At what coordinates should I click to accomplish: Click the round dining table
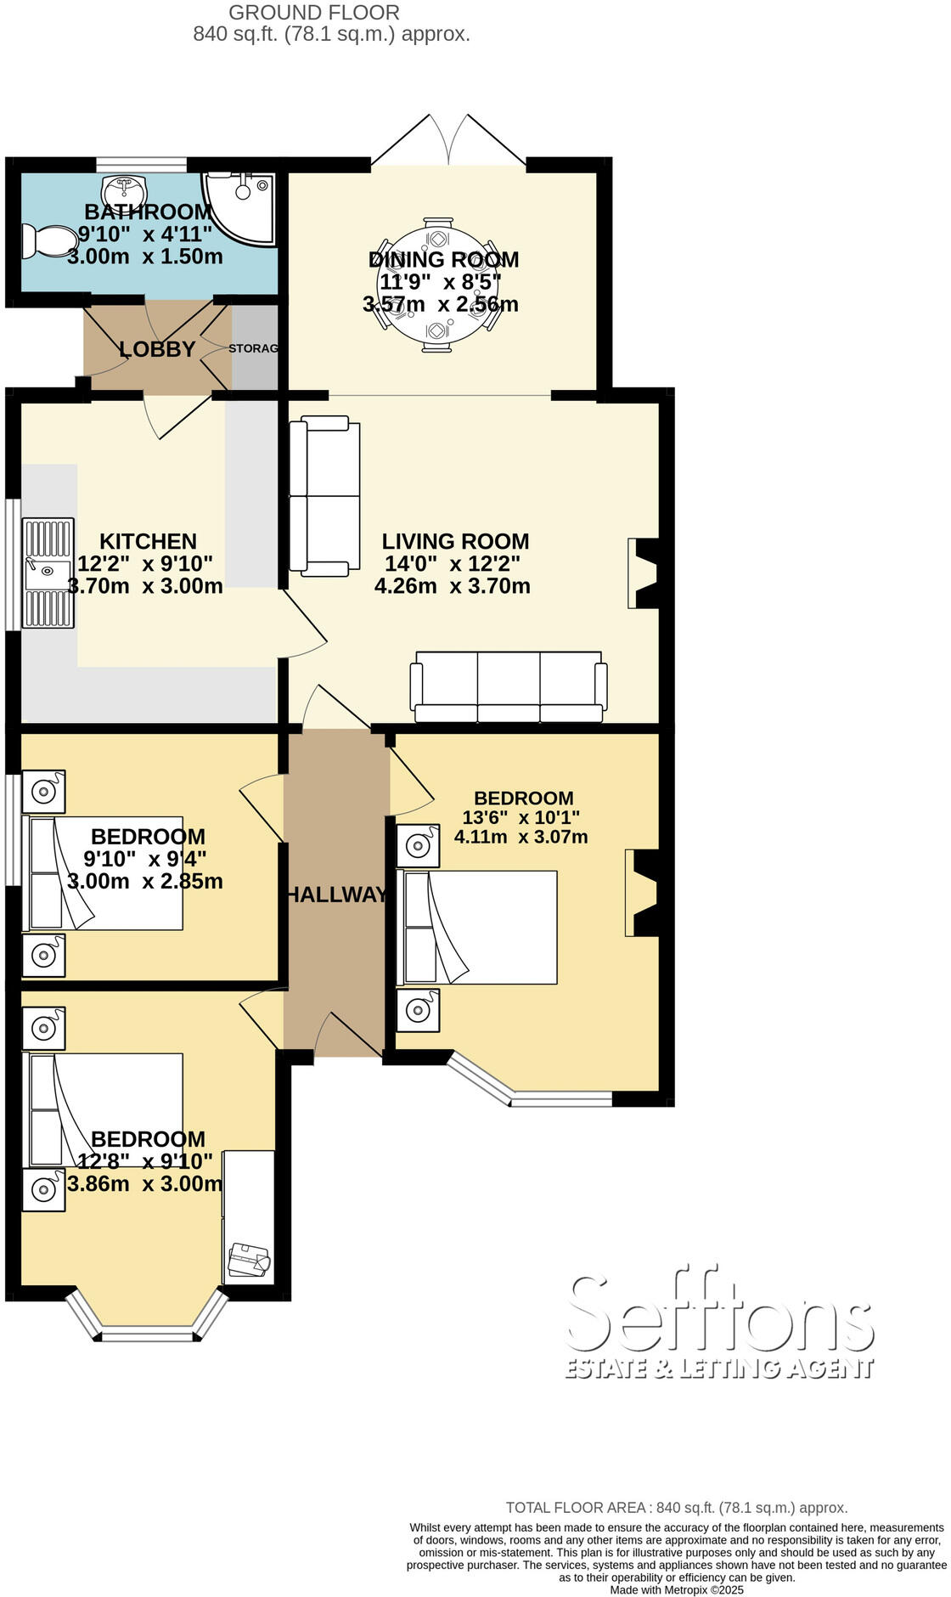point(439,284)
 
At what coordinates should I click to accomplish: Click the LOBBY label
point(157,349)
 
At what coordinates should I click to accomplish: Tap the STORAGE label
point(253,348)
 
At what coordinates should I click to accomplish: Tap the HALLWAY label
point(336,894)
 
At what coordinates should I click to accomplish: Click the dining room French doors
point(448,141)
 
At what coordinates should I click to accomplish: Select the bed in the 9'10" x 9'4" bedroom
point(106,873)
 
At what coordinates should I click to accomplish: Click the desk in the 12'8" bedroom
point(249,1216)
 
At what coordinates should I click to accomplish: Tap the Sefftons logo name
point(719,1314)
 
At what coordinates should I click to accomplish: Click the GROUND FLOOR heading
point(314,13)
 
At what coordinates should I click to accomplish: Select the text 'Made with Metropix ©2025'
point(677,1589)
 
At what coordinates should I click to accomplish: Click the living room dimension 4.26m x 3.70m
point(452,585)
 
